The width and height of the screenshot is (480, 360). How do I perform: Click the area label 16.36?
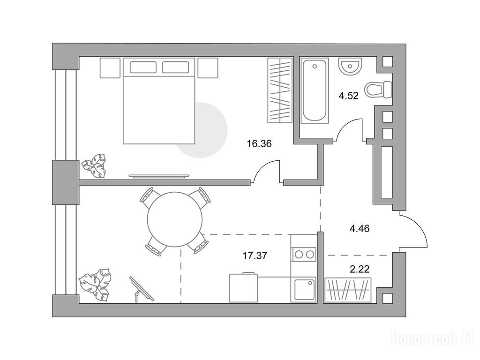tap(259, 143)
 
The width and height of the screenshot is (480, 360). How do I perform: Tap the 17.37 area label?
tap(255, 255)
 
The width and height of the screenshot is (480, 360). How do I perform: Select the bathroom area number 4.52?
tap(348, 96)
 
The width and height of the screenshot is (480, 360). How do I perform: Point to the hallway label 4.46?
tap(360, 228)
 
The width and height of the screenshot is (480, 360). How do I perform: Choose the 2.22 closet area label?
tap(360, 270)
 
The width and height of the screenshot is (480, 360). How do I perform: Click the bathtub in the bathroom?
tap(315, 90)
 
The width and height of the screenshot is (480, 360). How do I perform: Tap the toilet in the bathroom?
tap(378, 90)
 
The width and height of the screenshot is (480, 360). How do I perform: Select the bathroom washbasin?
tap(350, 66)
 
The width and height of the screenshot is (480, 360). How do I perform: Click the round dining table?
tap(175, 219)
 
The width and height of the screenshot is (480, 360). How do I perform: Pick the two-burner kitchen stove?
tap(304, 255)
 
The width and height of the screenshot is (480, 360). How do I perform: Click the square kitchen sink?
tap(305, 290)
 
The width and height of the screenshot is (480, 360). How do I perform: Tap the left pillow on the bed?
tap(143, 67)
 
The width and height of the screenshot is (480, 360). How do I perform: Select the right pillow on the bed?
tap(175, 67)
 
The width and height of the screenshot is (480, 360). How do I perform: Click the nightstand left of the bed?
tap(110, 67)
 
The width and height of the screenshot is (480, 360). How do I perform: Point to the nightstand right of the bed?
tap(208, 67)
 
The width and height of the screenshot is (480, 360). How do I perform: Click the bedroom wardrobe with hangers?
tap(280, 90)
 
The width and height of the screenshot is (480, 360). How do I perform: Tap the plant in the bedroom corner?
tap(94, 166)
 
